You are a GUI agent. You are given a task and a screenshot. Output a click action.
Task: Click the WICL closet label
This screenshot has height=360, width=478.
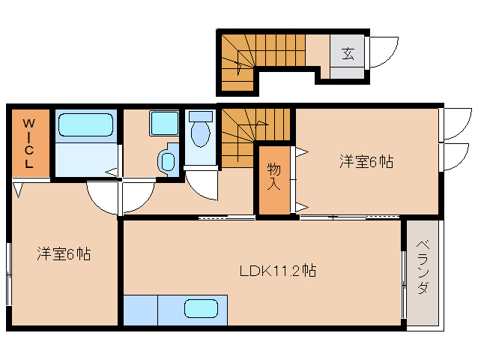(x=28, y=142)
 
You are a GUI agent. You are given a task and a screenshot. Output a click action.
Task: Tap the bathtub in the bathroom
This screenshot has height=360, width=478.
(x=85, y=125)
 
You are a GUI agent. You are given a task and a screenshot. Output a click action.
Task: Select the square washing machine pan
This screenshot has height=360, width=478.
(x=163, y=123)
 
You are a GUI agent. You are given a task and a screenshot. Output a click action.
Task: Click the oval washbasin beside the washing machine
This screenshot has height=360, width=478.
(x=166, y=160)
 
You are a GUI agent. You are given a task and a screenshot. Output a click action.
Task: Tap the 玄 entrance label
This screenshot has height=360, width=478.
(x=348, y=53)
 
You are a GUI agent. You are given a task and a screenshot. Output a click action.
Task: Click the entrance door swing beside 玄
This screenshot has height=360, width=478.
(x=383, y=52)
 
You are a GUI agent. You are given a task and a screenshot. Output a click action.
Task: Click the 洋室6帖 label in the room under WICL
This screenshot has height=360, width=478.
(x=64, y=254)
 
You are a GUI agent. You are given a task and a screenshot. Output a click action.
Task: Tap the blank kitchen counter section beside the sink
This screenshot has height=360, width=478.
(x=140, y=310)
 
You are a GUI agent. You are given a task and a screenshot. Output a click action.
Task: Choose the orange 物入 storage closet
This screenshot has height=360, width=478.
(x=274, y=180)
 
